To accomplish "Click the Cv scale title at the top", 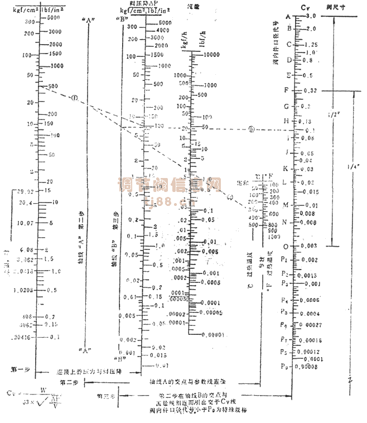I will tap(305, 8).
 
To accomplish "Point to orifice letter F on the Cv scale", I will tap(286, 90).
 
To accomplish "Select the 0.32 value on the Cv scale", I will tap(312, 90).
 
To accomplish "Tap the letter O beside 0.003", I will tap(286, 246).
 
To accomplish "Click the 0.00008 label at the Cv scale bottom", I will tap(313, 367).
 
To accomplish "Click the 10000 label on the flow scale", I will tap(211, 55).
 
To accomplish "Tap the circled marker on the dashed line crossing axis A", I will tap(74, 98).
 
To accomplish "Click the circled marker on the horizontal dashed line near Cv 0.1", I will tap(252, 128).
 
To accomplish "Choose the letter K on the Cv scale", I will tap(286, 167).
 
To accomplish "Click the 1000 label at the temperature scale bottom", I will tap(273, 237).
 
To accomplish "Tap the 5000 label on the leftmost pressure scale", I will tap(55, 17).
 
